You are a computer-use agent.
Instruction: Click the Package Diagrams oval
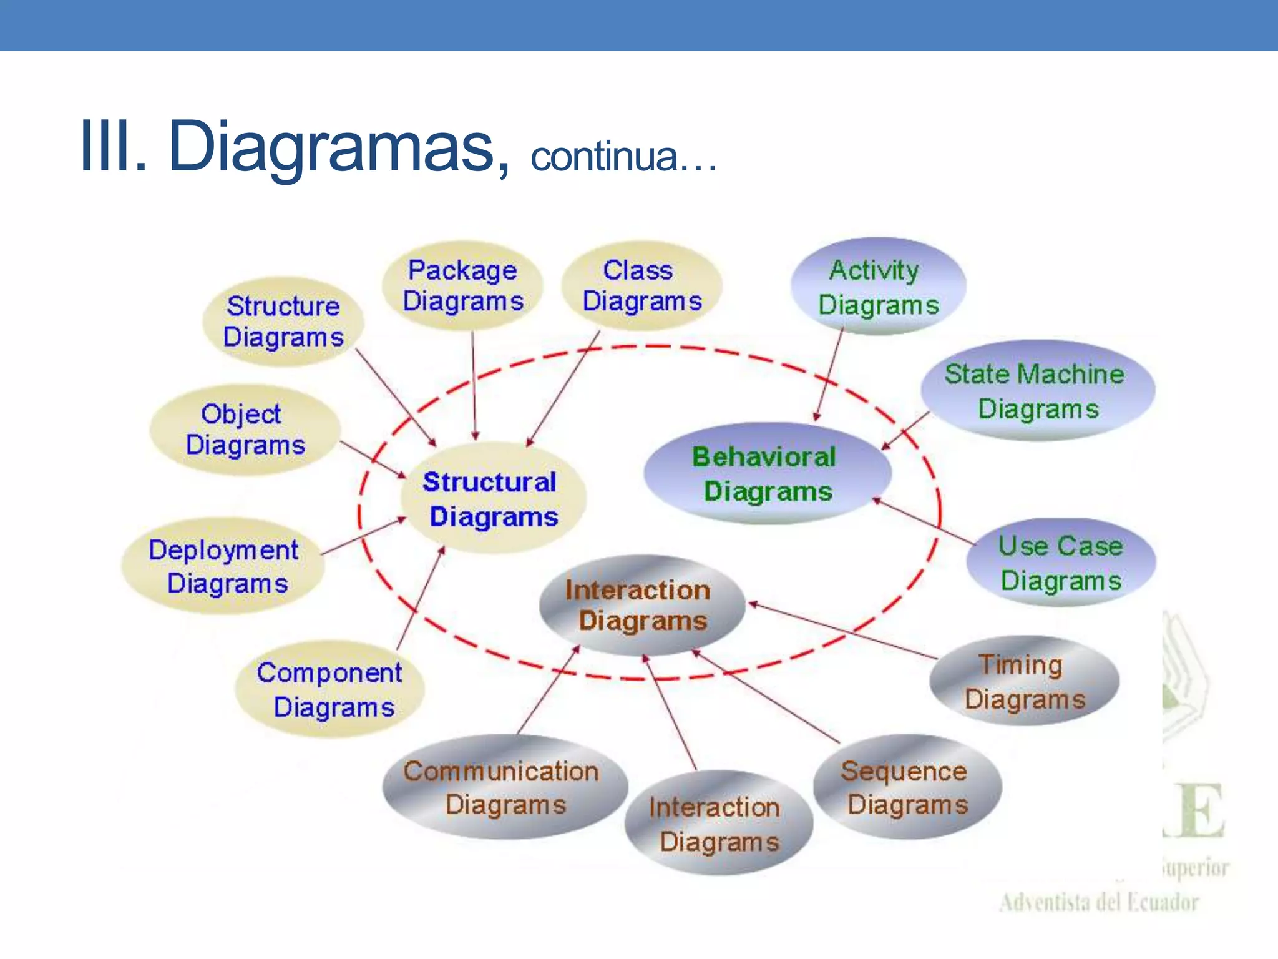coord(462,286)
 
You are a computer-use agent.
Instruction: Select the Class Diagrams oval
coord(641,286)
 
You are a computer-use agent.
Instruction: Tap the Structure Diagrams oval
coord(283,322)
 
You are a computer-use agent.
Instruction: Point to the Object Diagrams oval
coord(245,430)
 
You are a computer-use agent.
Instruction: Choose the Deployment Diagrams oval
coord(223,566)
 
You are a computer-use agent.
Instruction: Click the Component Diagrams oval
coord(330,689)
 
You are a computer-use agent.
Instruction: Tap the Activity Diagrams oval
coord(878,287)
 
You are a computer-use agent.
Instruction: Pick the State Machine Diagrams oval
coord(1037,391)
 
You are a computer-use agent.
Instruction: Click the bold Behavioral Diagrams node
coord(767,474)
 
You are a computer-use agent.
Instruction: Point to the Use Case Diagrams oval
coord(1061,563)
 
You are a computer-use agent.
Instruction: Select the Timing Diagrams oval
coord(1024,681)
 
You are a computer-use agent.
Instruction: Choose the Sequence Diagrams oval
coord(907,787)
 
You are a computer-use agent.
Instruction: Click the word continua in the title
coord(604,156)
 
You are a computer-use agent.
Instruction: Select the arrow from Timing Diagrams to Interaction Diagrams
coord(842,631)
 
